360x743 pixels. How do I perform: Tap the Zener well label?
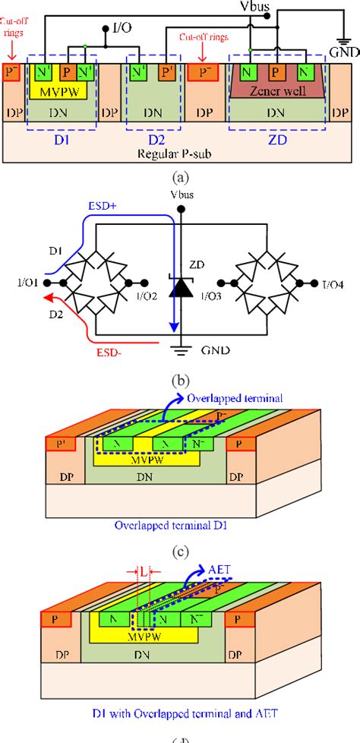pyautogui.click(x=279, y=91)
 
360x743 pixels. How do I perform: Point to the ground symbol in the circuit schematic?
pyautogui.click(x=179, y=351)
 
